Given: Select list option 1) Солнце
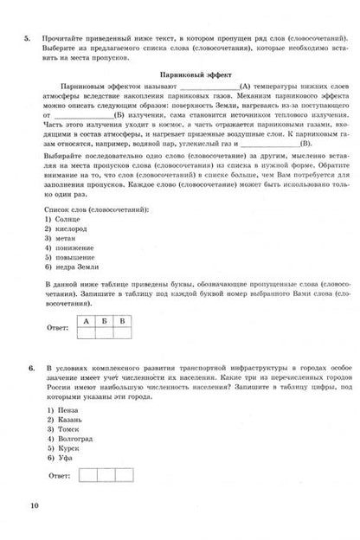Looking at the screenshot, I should [58, 244].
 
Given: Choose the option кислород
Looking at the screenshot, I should [61, 256].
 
